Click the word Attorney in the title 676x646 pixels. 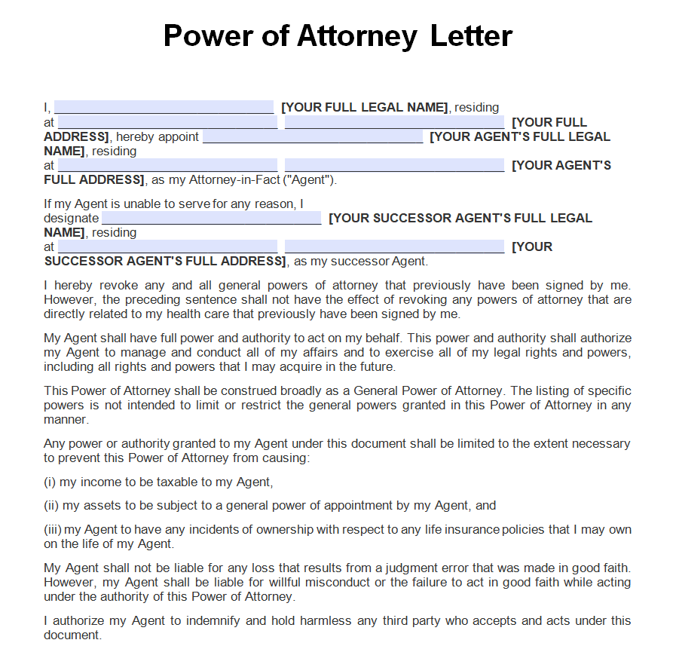pyautogui.click(x=356, y=35)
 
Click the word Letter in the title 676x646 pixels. pyautogui.click(x=471, y=35)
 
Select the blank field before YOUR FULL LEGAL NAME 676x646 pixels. pyautogui.click(x=164, y=107)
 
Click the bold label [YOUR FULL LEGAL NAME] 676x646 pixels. pyautogui.click(x=365, y=107)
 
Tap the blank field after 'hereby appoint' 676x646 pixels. pyautogui.click(x=313, y=136)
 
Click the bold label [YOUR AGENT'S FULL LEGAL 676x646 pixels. pyautogui.click(x=520, y=136)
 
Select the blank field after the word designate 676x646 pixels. pyautogui.click(x=211, y=218)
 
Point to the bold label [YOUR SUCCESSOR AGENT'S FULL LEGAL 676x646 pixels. pyautogui.click(x=460, y=218)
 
